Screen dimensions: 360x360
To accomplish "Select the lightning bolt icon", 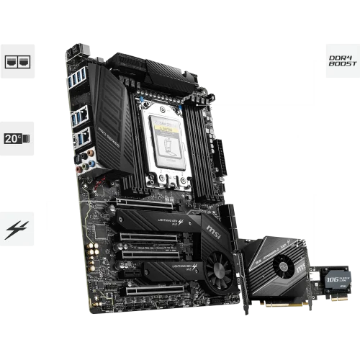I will coord(16,230).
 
